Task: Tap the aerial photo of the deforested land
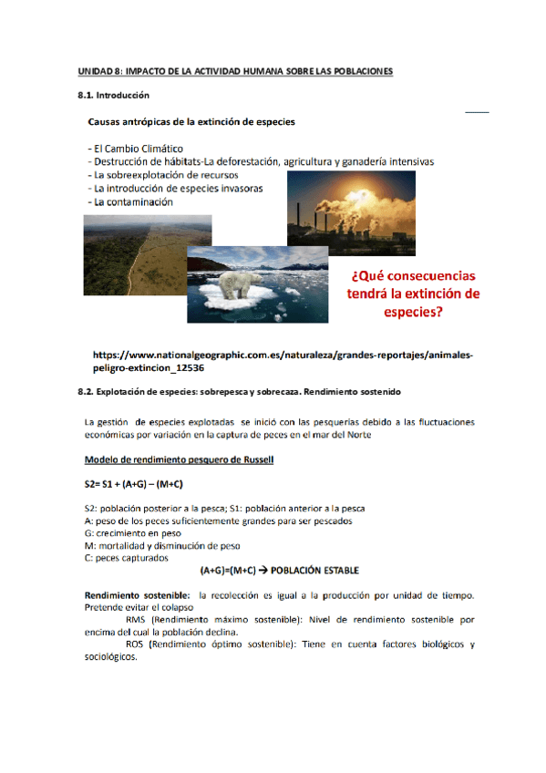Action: pyautogui.click(x=146, y=255)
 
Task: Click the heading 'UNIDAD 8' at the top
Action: pyautogui.click(x=234, y=71)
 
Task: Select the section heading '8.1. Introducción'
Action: pyautogui.click(x=113, y=95)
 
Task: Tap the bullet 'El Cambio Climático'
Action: pyautogui.click(x=137, y=149)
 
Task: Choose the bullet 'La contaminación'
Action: pyautogui.click(x=131, y=201)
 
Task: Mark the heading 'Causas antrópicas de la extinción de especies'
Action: pyautogui.click(x=191, y=120)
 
